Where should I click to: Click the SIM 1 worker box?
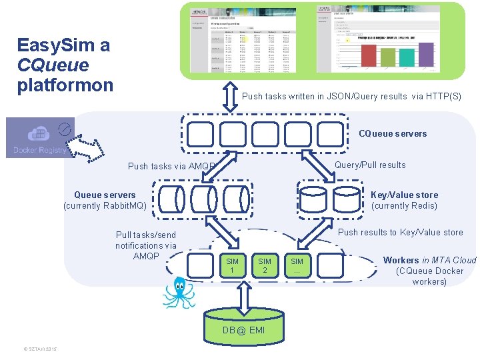coord(232,266)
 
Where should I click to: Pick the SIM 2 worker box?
coord(265,266)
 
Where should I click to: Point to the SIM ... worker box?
coord(297,266)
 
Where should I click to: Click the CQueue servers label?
coord(393,133)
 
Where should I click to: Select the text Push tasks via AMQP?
coord(171,167)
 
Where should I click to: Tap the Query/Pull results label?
coord(370,165)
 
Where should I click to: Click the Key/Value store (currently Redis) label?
coord(404,200)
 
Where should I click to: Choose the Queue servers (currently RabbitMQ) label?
coord(105,200)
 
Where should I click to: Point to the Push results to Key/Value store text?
coord(401,232)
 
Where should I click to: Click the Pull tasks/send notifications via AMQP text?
coord(146,245)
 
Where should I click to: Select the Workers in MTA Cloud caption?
coord(429,271)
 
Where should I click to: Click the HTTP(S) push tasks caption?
coord(351,96)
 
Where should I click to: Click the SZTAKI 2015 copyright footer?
coord(41,349)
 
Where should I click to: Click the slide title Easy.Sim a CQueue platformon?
coord(65,65)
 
